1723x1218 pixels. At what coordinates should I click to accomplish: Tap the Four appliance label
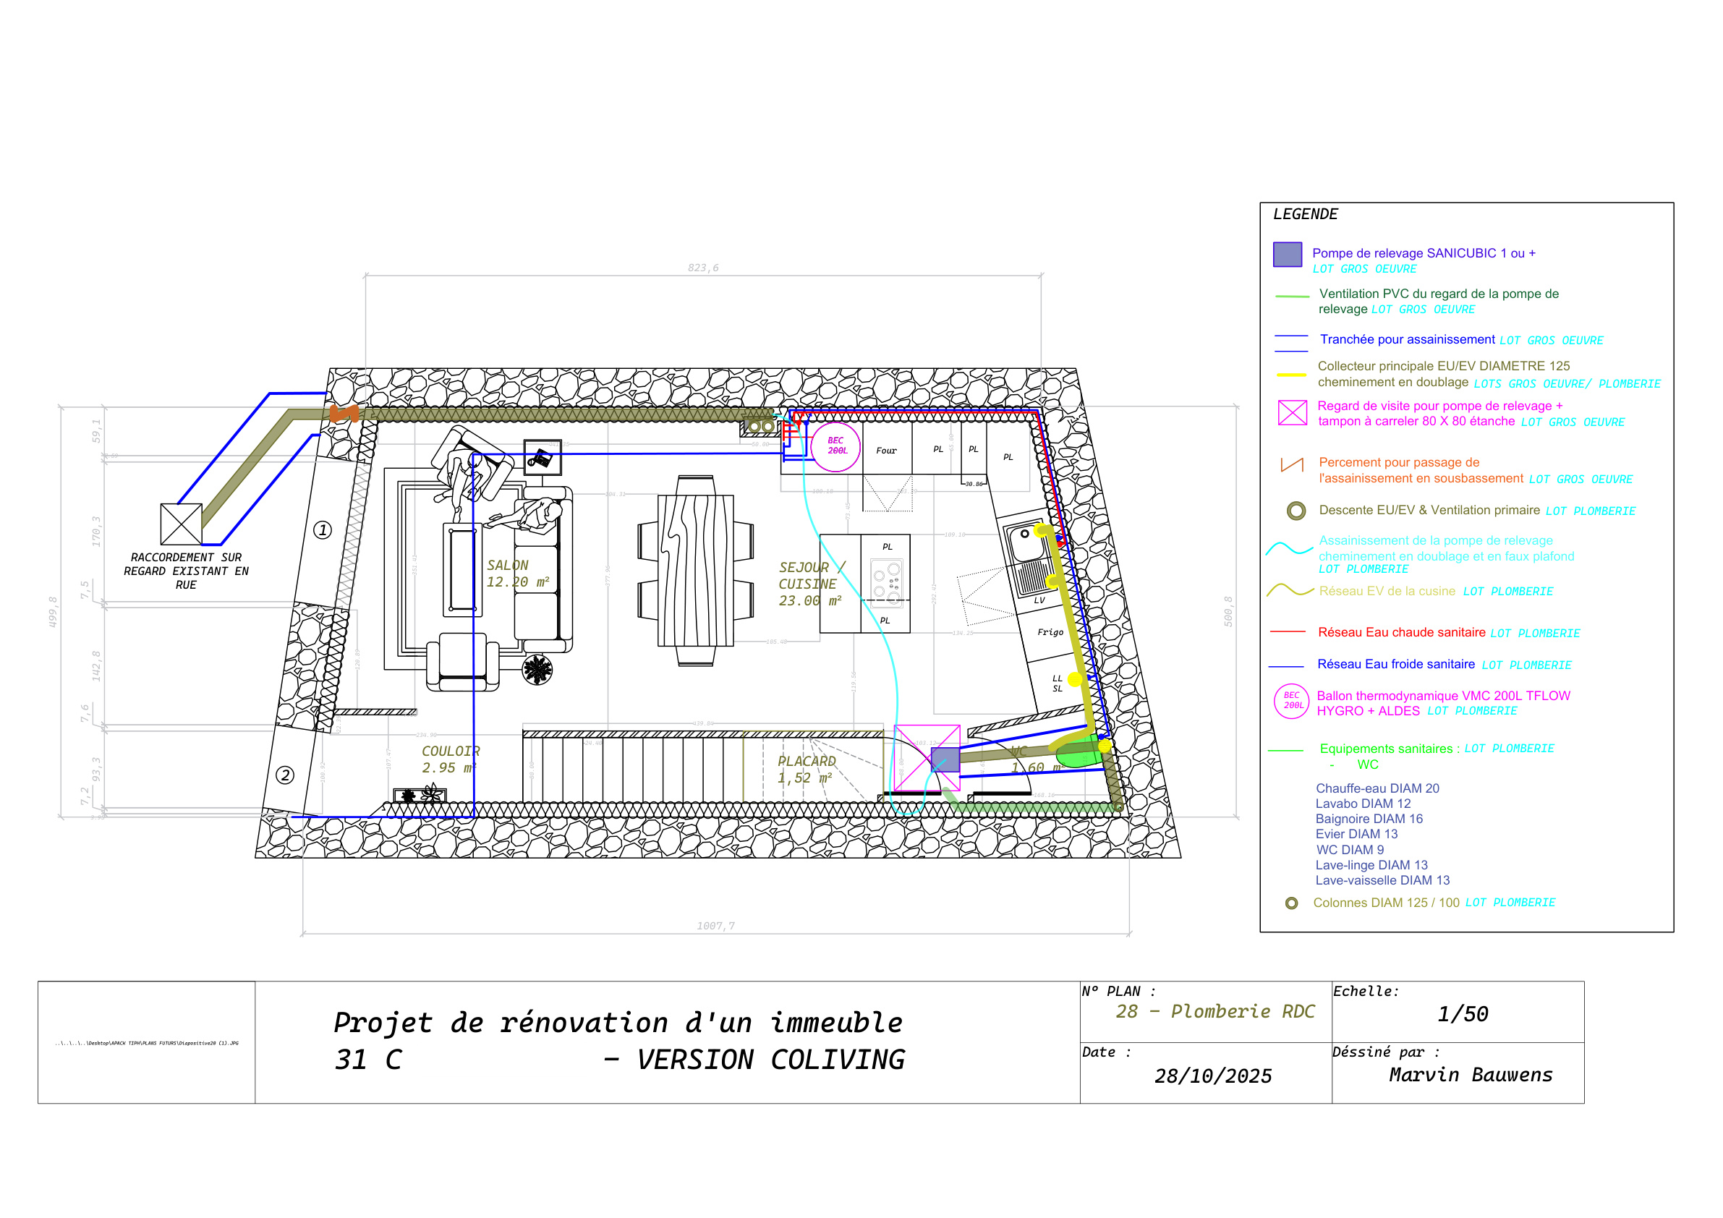coord(886,451)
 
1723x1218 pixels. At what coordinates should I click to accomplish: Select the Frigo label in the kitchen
coord(1050,633)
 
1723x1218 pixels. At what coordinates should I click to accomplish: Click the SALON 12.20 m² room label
coord(517,574)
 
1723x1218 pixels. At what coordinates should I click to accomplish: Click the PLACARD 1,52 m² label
coord(806,770)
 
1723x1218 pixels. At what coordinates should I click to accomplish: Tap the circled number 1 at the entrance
coord(323,531)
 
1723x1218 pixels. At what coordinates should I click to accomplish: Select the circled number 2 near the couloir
coord(284,775)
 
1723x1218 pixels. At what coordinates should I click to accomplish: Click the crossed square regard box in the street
coord(182,524)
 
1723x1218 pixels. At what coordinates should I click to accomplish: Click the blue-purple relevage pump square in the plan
coord(945,760)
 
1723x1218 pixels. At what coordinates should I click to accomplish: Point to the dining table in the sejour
coord(695,571)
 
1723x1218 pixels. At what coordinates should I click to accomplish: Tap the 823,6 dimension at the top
coord(703,268)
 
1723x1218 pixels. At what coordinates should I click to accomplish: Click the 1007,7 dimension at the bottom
coord(715,926)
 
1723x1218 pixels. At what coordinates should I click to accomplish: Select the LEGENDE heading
coord(1305,215)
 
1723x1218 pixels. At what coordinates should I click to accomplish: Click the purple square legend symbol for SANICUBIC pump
coord(1287,255)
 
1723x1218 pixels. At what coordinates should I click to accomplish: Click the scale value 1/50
coord(1462,1015)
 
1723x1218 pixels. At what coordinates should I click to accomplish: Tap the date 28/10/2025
coord(1213,1076)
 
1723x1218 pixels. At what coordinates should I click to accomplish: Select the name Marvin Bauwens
coord(1469,1075)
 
